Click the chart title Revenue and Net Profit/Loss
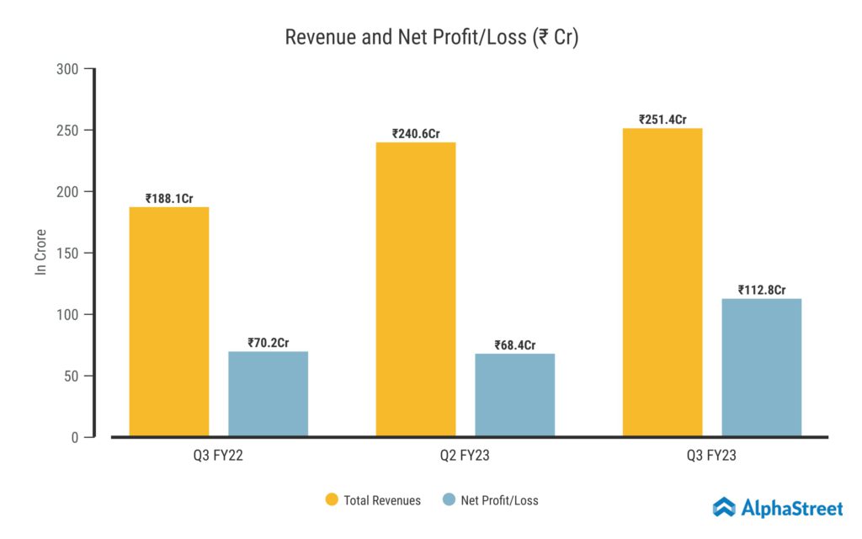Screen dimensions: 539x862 coord(431,38)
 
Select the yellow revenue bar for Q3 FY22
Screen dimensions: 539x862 coord(168,322)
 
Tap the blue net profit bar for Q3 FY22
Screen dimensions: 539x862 coord(268,394)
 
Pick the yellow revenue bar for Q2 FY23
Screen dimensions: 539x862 coord(416,290)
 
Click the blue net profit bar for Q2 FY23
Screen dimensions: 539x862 coord(515,395)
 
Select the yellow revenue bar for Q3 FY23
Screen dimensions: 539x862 coord(662,283)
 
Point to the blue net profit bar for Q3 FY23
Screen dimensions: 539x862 coord(762,368)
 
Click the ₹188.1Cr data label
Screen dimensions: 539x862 coord(169,199)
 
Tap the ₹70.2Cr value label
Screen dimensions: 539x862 coord(269,343)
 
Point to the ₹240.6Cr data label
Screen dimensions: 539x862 coord(416,133)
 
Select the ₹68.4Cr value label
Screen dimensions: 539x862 coord(515,345)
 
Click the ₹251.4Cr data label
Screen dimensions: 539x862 coord(662,120)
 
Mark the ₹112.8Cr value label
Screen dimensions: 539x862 coord(762,291)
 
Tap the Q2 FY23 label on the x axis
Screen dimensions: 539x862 coord(465,456)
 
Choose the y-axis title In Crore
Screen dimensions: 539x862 coord(40,252)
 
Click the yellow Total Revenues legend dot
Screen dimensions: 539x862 coord(332,500)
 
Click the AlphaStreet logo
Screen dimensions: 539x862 coord(778,507)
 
